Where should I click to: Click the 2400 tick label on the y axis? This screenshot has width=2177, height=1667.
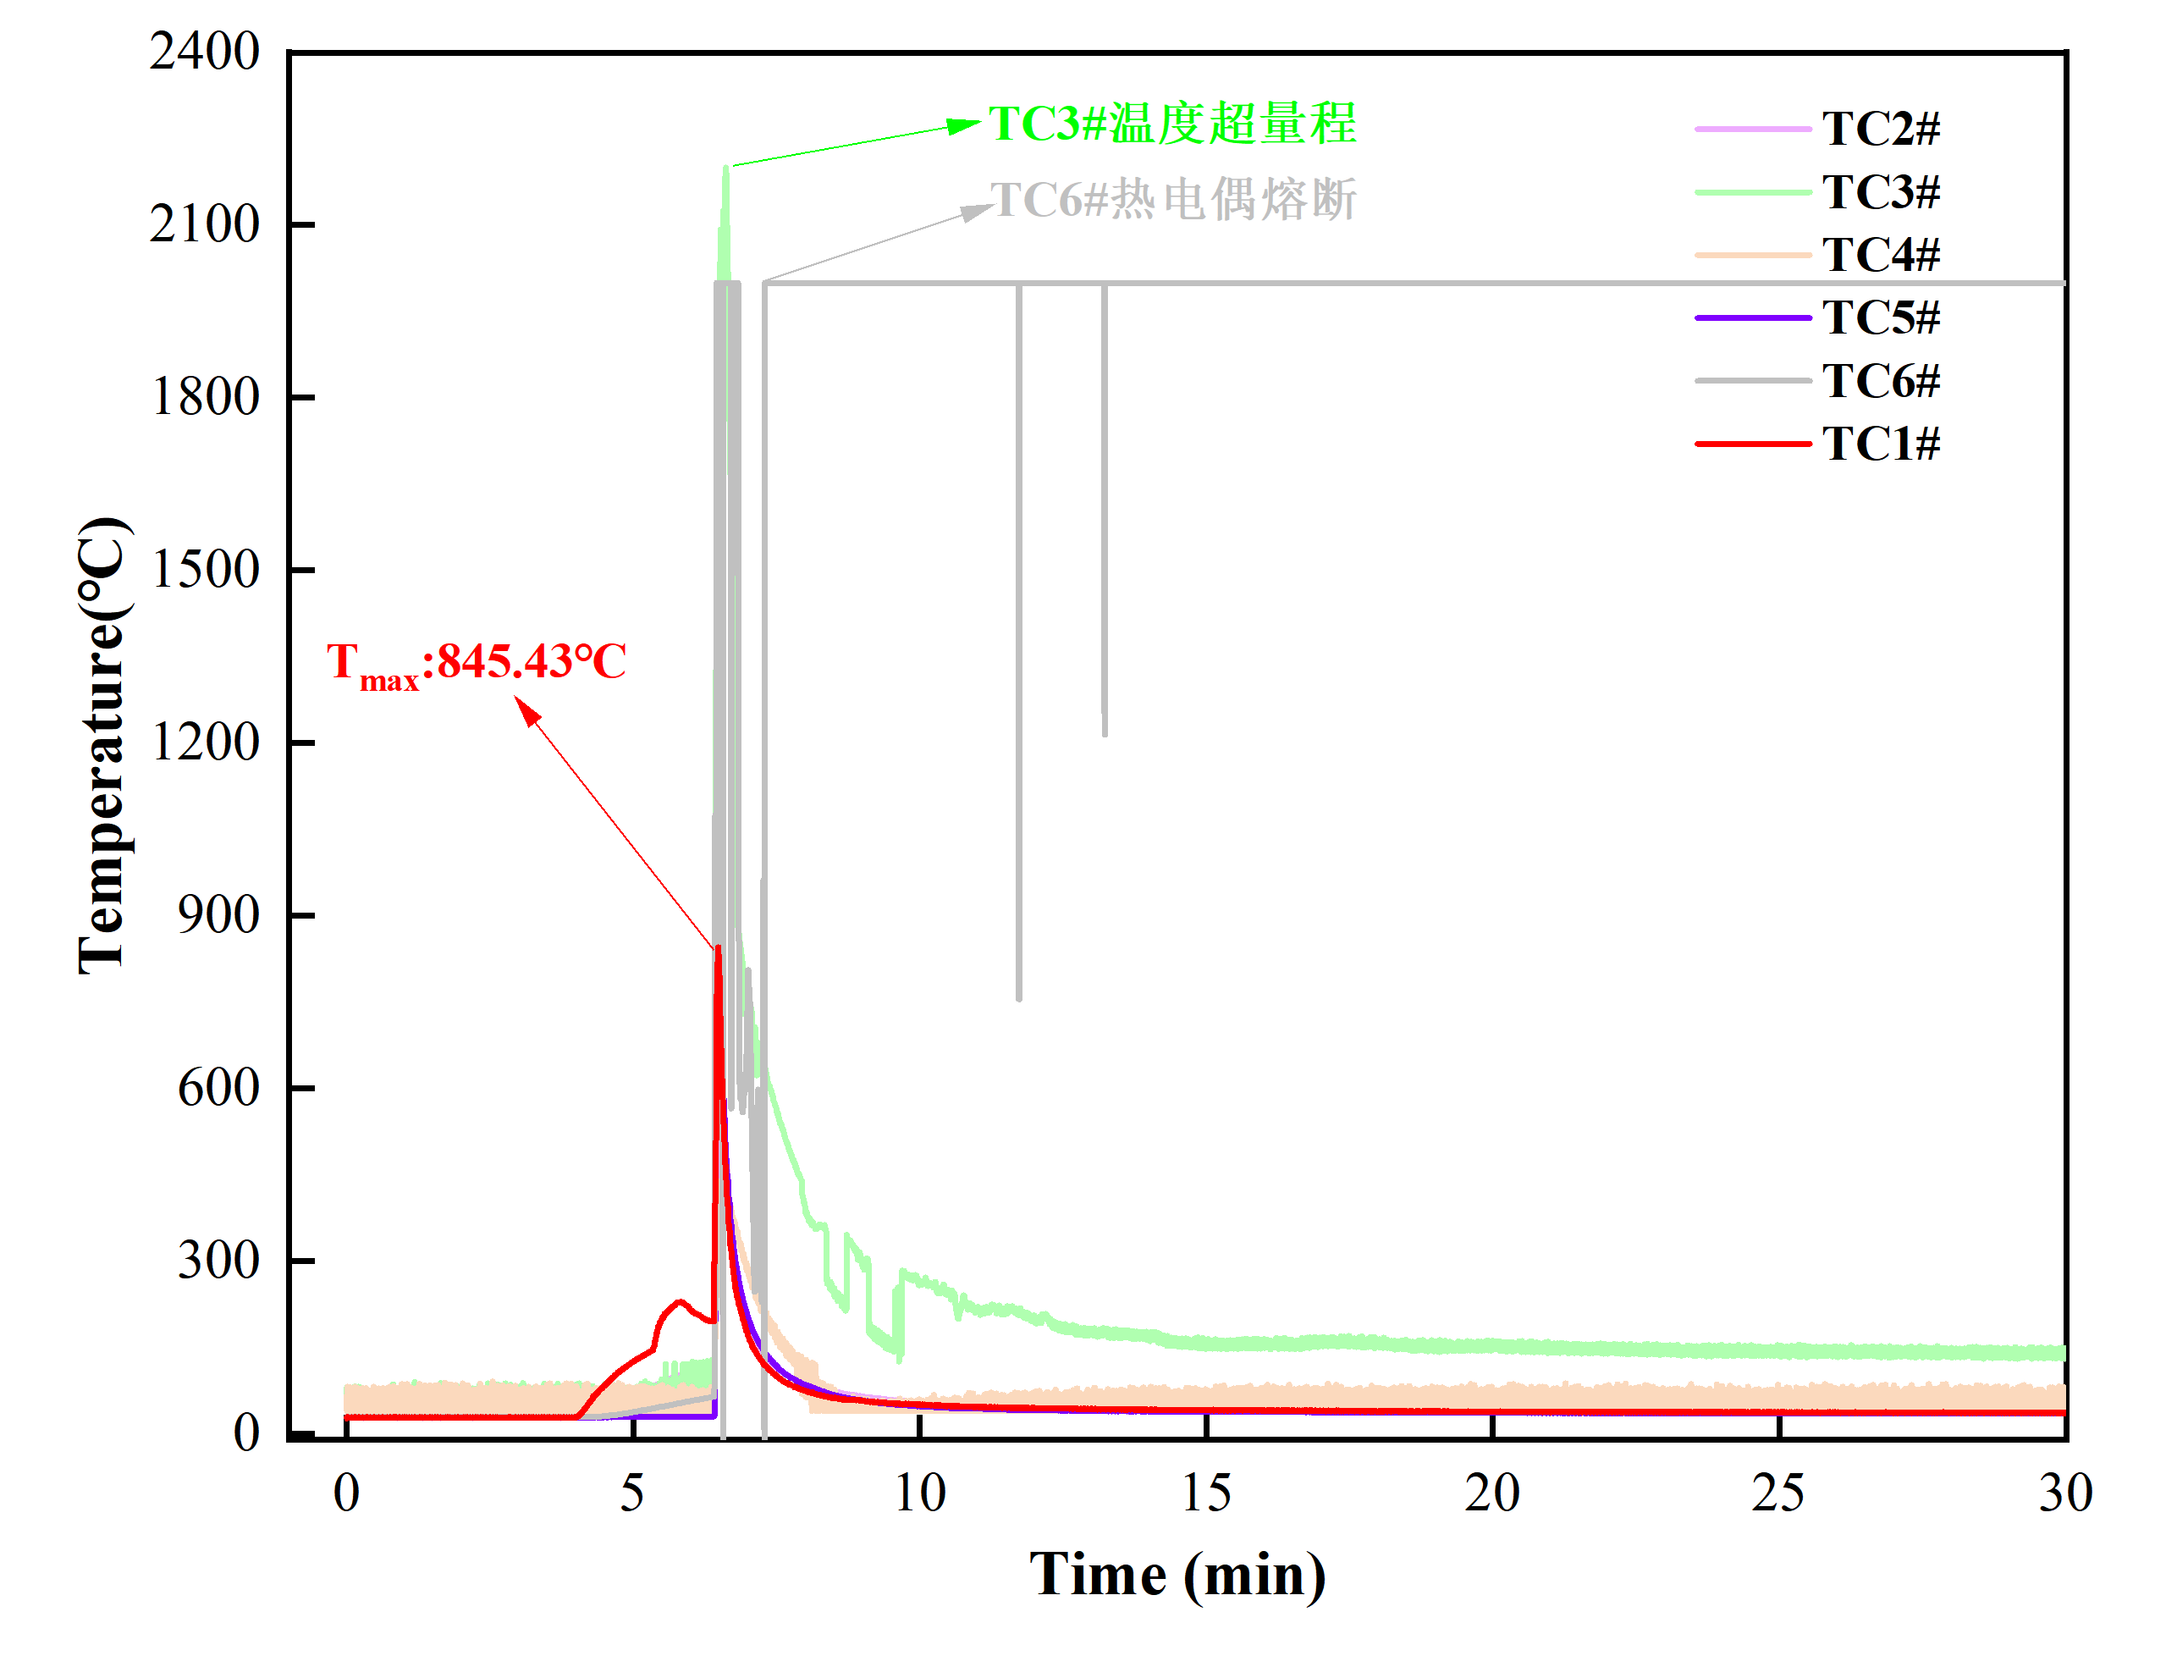pyautogui.click(x=204, y=52)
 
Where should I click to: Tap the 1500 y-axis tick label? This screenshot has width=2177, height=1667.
pyautogui.click(x=204, y=570)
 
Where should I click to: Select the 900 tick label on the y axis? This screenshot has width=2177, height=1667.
pyautogui.click(x=218, y=915)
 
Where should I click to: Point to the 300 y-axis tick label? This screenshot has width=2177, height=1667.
pyautogui.click(x=218, y=1260)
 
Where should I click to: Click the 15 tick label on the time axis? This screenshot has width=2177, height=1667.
pyautogui.click(x=1206, y=1493)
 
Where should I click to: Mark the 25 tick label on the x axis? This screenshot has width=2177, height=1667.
pyautogui.click(x=1778, y=1493)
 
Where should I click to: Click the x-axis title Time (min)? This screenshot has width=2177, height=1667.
pyautogui.click(x=1177, y=1576)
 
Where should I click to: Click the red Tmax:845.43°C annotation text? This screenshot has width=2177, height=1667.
pyautogui.click(x=476, y=663)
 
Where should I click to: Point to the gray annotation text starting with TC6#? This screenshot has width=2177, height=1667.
pyautogui.click(x=1172, y=200)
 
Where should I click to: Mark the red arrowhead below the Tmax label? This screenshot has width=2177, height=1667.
pyautogui.click(x=526, y=709)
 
